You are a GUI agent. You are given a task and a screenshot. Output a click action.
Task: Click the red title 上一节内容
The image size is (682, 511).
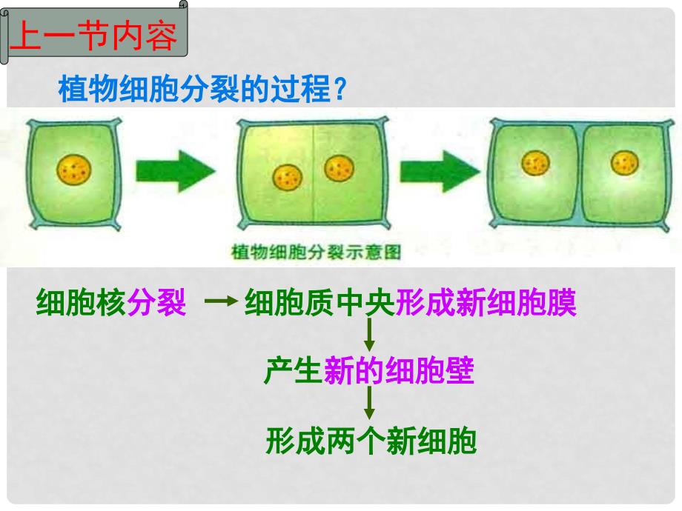click(93, 35)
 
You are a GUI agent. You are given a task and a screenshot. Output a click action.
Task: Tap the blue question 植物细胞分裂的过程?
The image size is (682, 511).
click(202, 89)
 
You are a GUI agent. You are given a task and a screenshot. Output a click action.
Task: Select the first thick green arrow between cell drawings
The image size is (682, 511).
click(175, 171)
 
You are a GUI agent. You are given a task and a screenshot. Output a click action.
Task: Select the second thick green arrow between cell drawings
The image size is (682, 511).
click(440, 171)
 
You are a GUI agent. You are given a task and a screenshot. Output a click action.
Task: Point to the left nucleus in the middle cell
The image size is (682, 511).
click(288, 177)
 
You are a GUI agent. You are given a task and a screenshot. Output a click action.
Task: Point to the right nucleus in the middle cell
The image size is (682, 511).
click(340, 167)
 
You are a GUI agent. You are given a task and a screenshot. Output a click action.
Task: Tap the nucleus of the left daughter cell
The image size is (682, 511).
click(535, 163)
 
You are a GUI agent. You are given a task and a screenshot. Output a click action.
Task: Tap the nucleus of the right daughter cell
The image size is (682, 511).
click(625, 163)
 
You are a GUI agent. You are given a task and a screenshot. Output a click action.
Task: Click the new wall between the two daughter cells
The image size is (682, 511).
click(580, 173)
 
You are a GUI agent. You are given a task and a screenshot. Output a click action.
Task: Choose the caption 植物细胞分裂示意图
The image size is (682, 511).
click(317, 252)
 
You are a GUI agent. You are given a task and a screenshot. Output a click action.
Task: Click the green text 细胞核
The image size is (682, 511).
click(81, 302)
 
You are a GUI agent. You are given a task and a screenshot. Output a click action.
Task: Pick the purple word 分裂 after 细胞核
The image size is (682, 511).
click(156, 302)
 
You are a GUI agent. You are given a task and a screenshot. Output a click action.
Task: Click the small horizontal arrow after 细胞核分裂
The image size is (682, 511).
click(221, 301)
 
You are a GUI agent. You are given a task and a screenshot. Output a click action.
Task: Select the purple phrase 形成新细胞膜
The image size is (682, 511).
click(486, 302)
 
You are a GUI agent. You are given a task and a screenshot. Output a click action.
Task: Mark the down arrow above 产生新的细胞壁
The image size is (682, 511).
click(369, 334)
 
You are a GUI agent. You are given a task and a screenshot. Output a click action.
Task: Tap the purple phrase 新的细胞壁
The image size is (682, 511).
click(399, 370)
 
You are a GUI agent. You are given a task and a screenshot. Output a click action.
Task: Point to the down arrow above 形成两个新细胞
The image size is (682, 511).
click(369, 402)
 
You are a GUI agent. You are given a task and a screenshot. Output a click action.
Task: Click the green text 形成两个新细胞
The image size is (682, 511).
click(371, 441)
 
